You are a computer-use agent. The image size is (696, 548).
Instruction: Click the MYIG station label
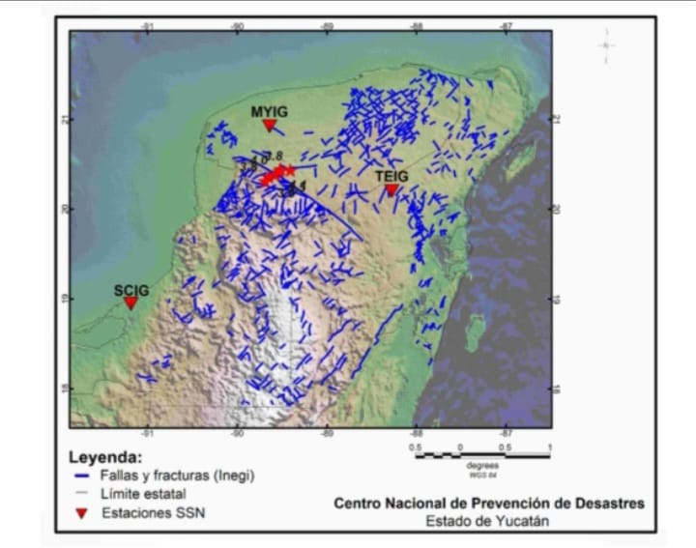pyautogui.click(x=270, y=111)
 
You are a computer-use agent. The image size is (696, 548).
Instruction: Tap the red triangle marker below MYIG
pyautogui.click(x=269, y=126)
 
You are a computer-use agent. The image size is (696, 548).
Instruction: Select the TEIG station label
pyautogui.click(x=391, y=175)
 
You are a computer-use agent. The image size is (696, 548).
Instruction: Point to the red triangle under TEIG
pyautogui.click(x=391, y=189)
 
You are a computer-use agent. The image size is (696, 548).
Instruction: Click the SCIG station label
pyautogui.click(x=130, y=289)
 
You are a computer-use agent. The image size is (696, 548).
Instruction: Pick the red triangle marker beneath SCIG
pyautogui.click(x=130, y=303)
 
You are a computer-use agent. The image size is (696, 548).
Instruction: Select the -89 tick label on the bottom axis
pyautogui.click(x=327, y=434)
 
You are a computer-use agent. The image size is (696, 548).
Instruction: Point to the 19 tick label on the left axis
pyautogui.click(x=65, y=299)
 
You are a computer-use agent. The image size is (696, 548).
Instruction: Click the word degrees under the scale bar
pyautogui.click(x=481, y=466)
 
